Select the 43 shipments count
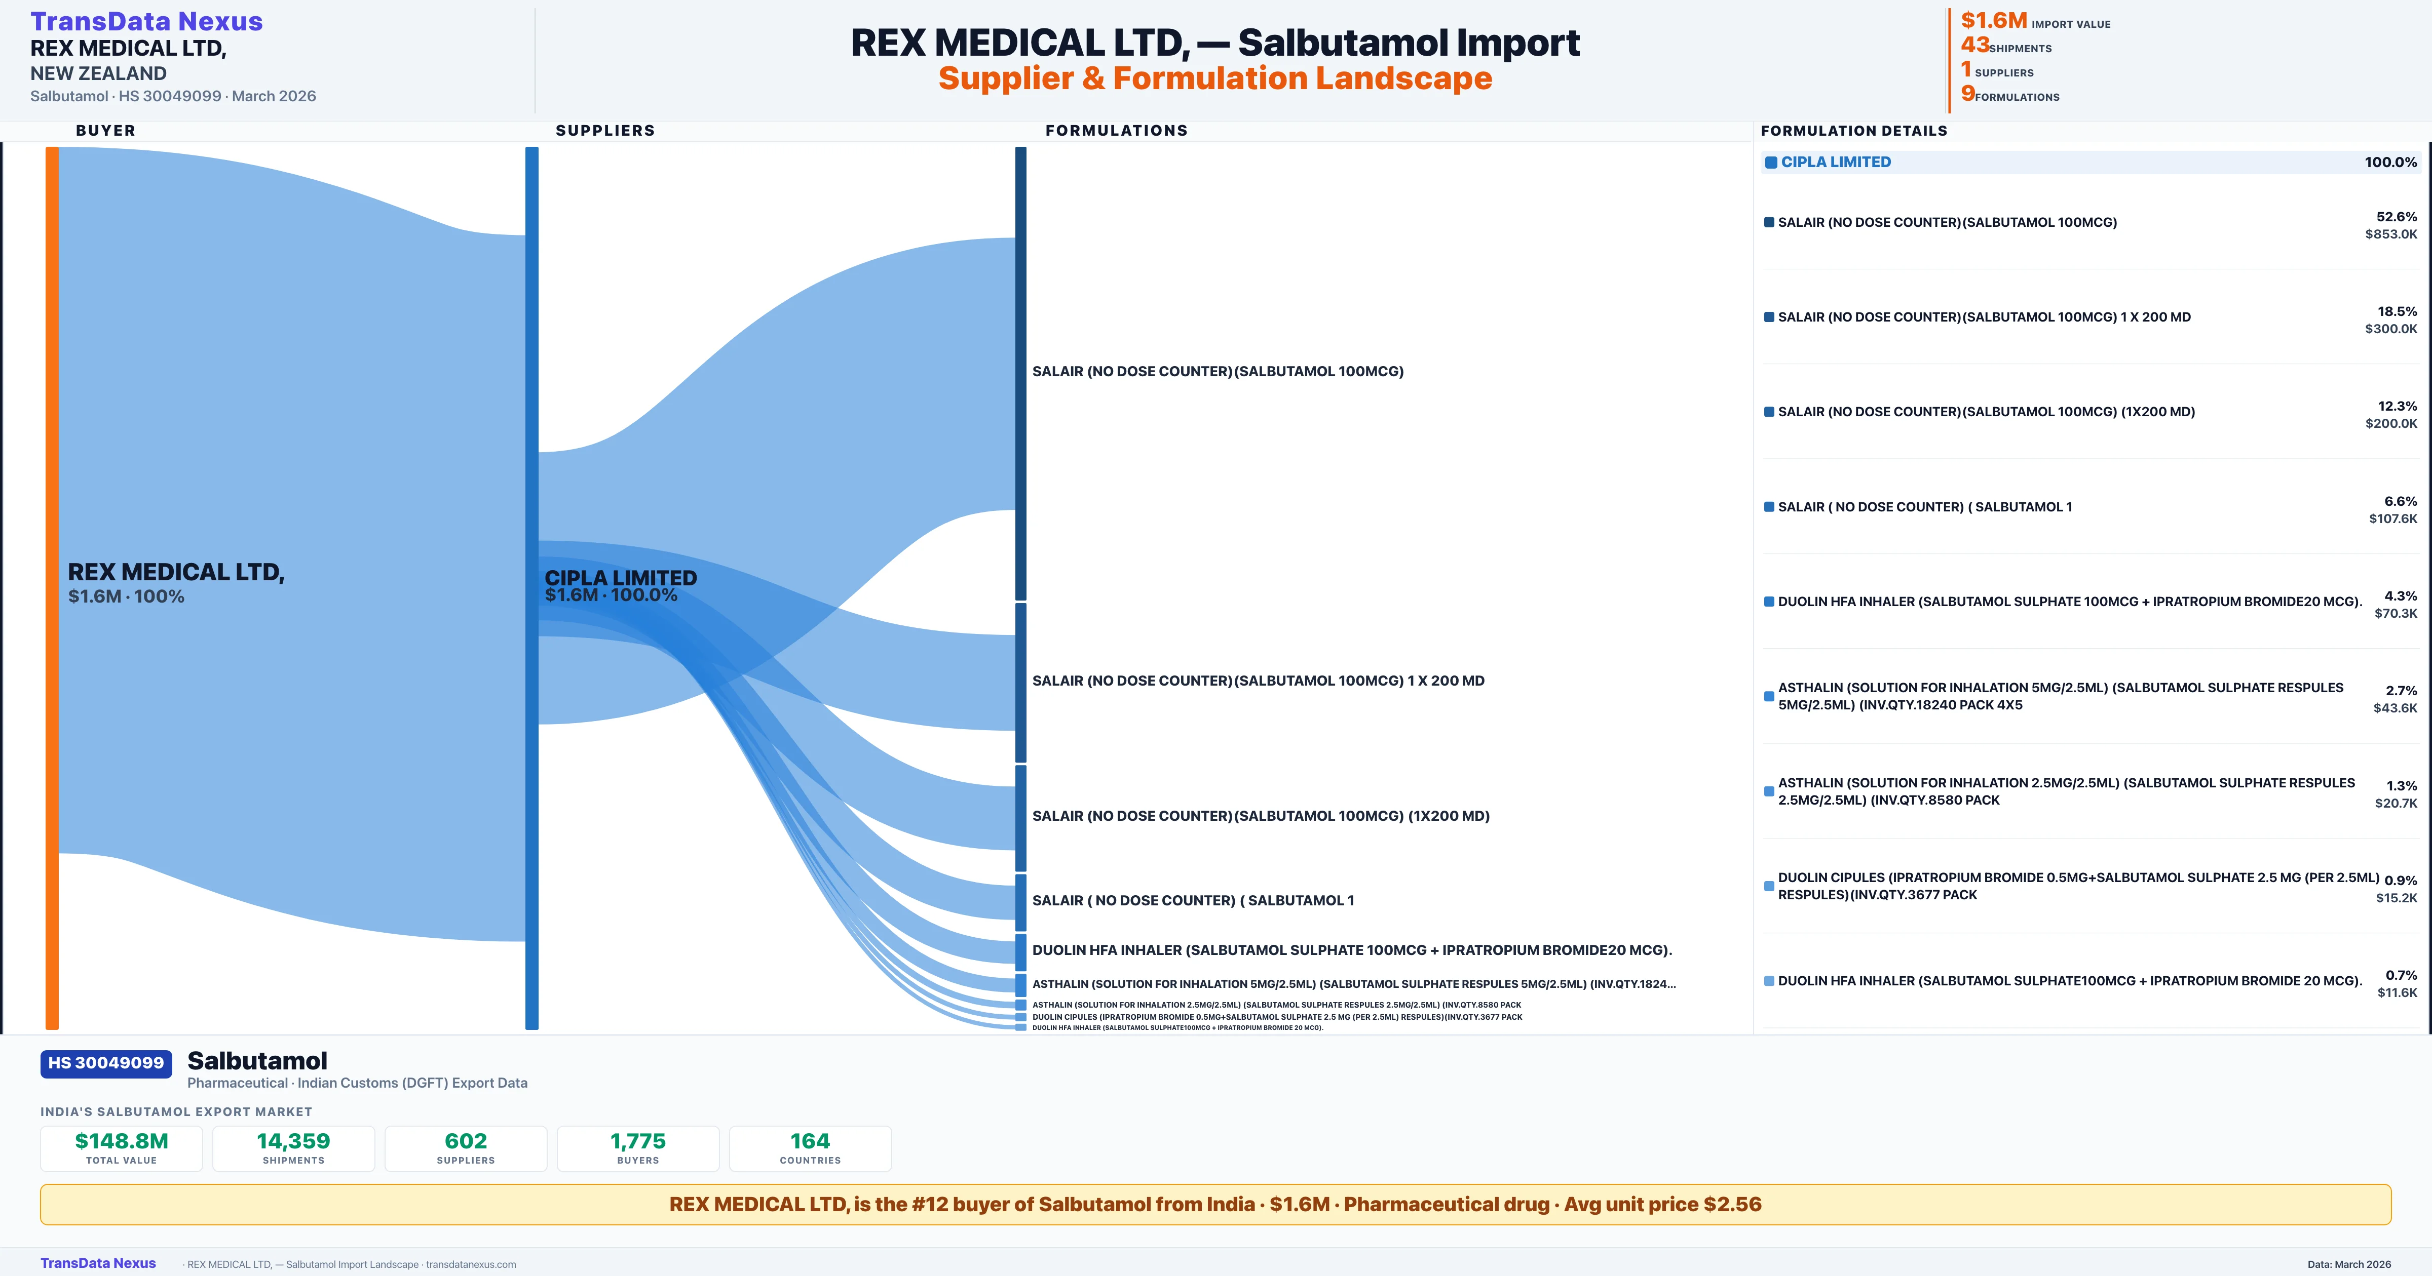pyautogui.click(x=1974, y=45)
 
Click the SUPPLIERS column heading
pyautogui.click(x=604, y=130)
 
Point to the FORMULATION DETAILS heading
pyautogui.click(x=1853, y=130)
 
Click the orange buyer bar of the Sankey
pyautogui.click(x=52, y=585)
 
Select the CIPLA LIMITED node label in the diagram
pyautogui.click(x=620, y=578)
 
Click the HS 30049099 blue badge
pyautogui.click(x=106, y=1063)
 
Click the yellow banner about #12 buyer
pyautogui.click(x=1215, y=1204)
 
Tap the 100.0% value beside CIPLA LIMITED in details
pyautogui.click(x=2389, y=163)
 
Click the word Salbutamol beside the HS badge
pyautogui.click(x=257, y=1061)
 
